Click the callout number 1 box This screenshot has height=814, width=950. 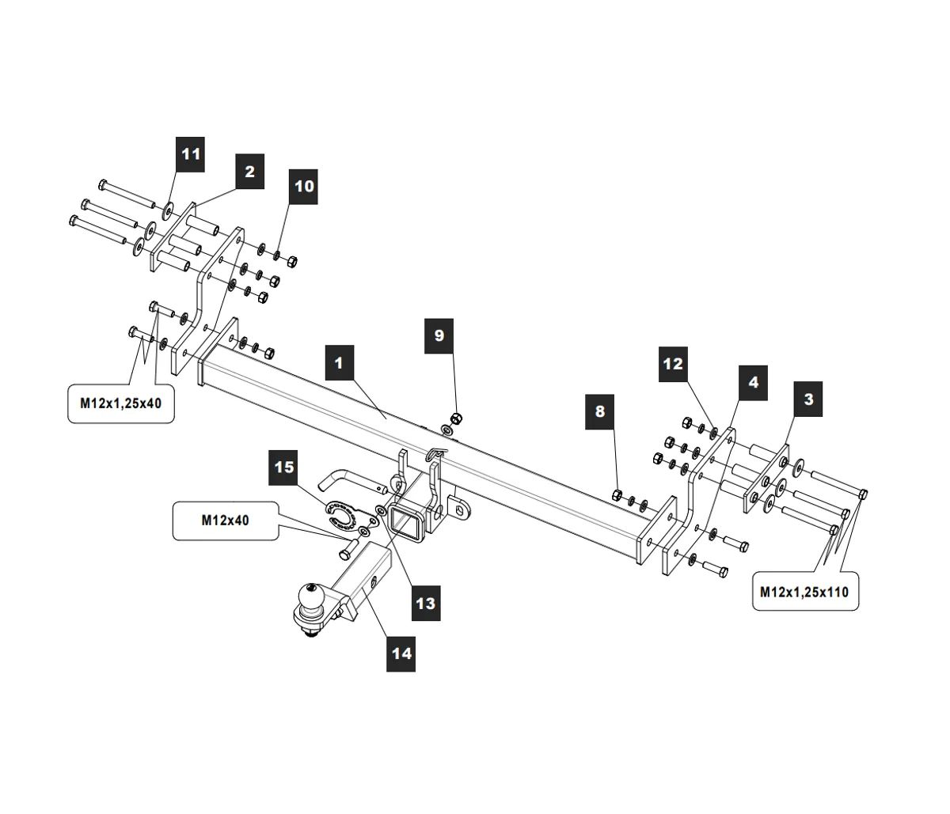[x=339, y=363]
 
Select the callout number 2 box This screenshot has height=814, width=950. [x=249, y=172]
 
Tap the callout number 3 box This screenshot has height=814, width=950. [x=807, y=399]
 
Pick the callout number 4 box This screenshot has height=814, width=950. [x=753, y=383]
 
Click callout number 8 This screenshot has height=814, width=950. [x=599, y=411]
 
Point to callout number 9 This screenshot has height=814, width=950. [x=439, y=335]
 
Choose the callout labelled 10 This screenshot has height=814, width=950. [x=304, y=187]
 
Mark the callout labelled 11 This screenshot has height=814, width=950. [x=191, y=153]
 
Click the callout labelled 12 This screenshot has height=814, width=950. [x=672, y=365]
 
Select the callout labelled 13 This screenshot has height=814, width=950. [x=425, y=604]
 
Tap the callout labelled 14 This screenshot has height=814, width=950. [x=401, y=653]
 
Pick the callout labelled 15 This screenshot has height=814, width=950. [x=283, y=468]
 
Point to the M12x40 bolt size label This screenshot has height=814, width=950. [x=226, y=521]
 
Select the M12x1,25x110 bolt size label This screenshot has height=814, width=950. [x=804, y=591]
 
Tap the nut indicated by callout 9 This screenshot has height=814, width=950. [x=455, y=418]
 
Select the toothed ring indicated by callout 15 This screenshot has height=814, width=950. [x=340, y=513]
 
